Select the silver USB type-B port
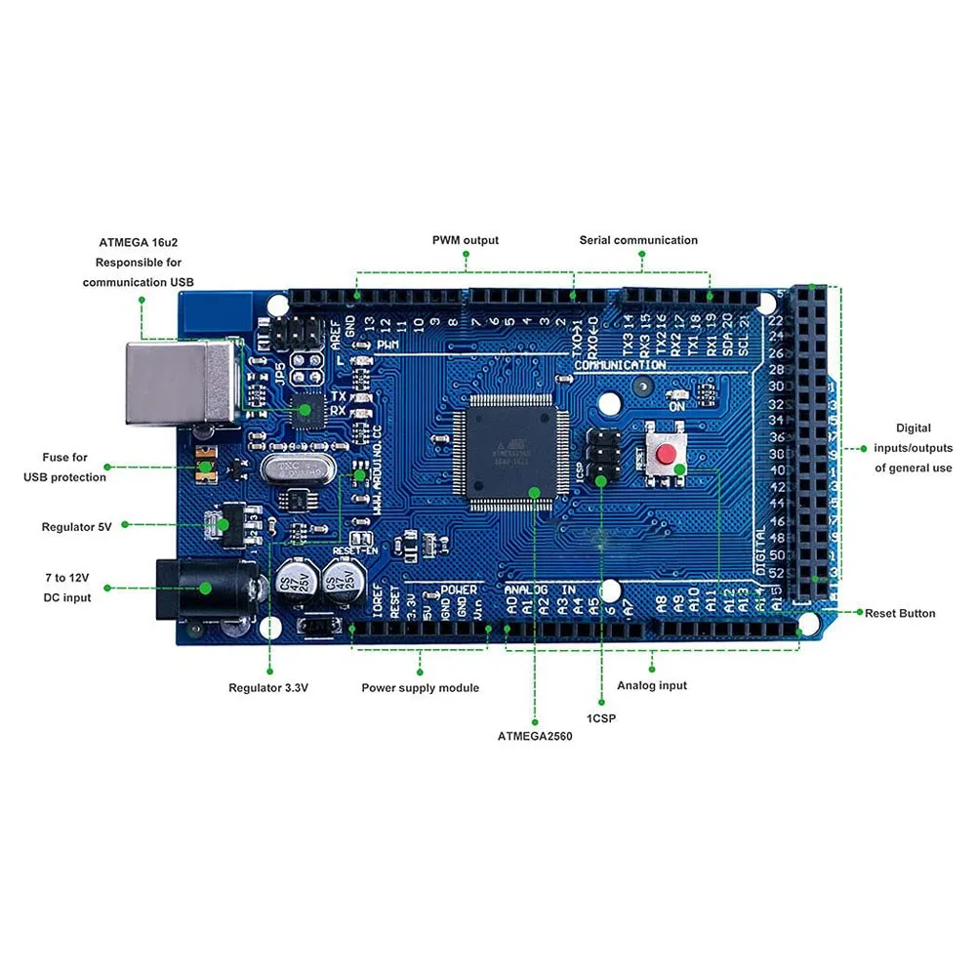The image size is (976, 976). (x=181, y=382)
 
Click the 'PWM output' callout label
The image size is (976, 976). (x=466, y=240)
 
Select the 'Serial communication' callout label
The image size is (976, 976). (x=638, y=240)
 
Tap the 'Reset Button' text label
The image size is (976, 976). (x=900, y=614)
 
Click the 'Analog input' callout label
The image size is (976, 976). (x=652, y=685)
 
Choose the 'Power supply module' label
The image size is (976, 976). (x=420, y=688)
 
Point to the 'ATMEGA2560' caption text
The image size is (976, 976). (x=534, y=737)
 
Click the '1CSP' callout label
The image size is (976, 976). (x=600, y=717)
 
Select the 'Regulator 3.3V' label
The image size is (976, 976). (x=268, y=688)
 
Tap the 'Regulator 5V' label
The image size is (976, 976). (x=77, y=526)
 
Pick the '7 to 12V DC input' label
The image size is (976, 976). (x=67, y=588)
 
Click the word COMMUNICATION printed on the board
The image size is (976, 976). (x=621, y=365)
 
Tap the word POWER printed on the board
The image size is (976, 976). (x=459, y=590)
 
